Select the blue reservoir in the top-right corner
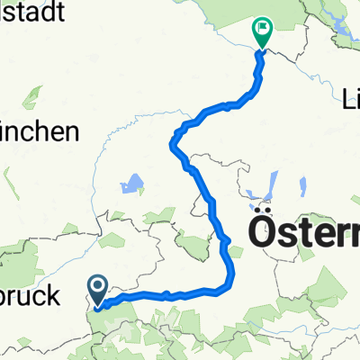point(346,36)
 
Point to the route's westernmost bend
point(172,139)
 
